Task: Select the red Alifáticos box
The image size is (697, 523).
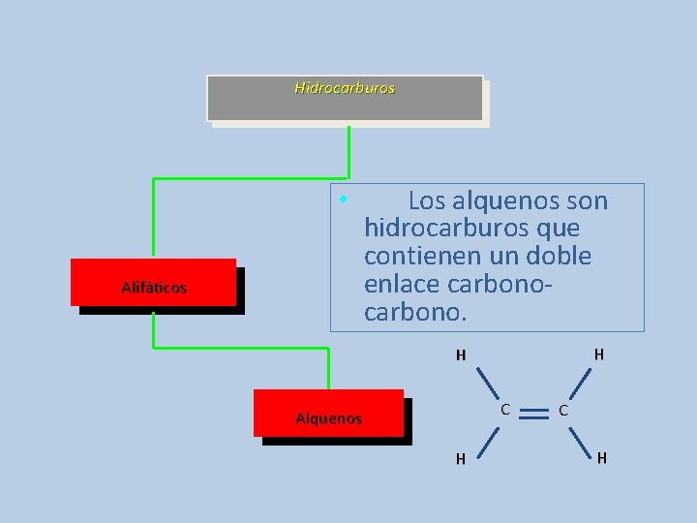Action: tap(153, 282)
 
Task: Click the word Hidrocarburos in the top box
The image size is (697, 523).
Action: tap(345, 87)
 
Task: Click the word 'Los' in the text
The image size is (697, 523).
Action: tap(427, 201)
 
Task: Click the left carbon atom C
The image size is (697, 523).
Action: tap(505, 409)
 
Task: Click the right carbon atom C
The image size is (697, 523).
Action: tap(562, 411)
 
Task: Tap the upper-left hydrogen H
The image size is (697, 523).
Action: tap(462, 354)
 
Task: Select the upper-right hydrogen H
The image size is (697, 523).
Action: tap(599, 354)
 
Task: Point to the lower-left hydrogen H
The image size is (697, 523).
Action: tap(462, 458)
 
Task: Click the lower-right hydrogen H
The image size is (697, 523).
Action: tap(602, 457)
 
